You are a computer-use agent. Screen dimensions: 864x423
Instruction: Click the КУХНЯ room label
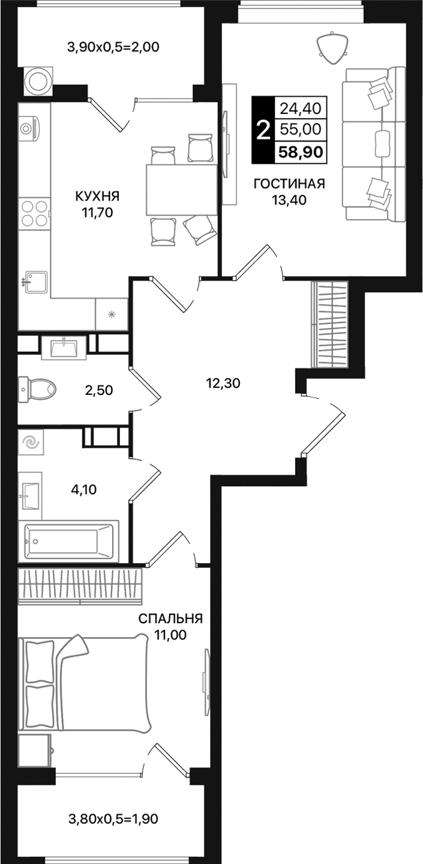(x=97, y=196)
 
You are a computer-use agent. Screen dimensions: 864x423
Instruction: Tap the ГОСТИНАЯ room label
(x=289, y=184)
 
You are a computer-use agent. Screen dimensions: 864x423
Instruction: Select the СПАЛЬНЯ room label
(x=170, y=619)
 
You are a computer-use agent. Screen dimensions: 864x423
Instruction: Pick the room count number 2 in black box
(x=262, y=130)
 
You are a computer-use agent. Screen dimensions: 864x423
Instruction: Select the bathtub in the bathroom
(x=68, y=542)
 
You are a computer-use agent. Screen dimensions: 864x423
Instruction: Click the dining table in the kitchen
(x=181, y=190)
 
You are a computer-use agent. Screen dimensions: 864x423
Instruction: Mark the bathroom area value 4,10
(x=83, y=489)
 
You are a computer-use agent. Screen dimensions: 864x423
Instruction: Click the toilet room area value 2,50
(x=99, y=390)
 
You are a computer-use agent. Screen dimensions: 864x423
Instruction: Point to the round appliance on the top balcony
(x=38, y=81)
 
